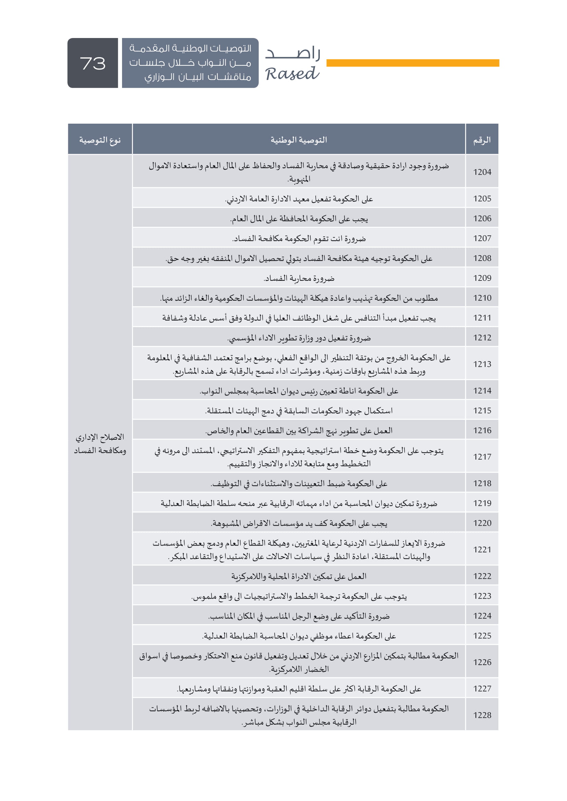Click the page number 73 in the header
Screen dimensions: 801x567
93,63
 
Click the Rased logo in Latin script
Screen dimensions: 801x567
292,74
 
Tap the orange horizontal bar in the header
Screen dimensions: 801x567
412,63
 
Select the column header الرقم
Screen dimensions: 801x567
482,140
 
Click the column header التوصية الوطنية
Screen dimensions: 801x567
299,140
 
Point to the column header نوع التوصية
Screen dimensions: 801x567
100,140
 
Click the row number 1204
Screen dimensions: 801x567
482,172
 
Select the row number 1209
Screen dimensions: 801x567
482,278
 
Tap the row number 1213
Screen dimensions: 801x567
482,364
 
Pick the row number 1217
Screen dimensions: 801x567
482,457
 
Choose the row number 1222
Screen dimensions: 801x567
482,576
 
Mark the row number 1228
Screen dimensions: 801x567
482,715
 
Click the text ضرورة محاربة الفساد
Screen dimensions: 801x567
299,278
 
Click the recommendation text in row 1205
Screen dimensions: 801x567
299,199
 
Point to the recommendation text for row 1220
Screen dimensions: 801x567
299,523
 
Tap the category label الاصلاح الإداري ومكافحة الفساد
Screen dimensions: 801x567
100,444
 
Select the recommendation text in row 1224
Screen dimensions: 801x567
299,616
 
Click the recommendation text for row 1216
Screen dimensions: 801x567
299,430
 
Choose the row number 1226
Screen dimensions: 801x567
482,662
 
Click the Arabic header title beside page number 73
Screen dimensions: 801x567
190,63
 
